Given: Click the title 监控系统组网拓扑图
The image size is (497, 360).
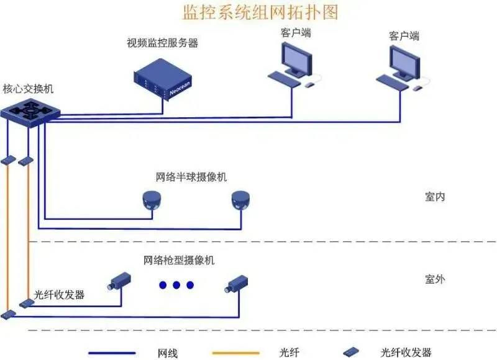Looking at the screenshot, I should pyautogui.click(x=261, y=12).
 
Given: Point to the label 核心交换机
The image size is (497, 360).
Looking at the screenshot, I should pyautogui.click(x=28, y=89).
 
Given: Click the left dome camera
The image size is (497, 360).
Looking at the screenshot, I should pyautogui.click(x=152, y=199).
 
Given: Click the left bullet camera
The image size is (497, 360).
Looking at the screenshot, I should pyautogui.click(x=119, y=282).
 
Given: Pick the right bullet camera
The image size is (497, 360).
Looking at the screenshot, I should pyautogui.click(x=236, y=283).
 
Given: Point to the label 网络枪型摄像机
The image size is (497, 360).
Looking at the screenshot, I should pyautogui.click(x=179, y=260).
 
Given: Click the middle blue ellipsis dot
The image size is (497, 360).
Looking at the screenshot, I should pyautogui.click(x=176, y=285).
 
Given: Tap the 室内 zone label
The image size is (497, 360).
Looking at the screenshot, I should pyautogui.click(x=435, y=197).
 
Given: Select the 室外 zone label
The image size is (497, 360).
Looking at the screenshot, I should pyautogui.click(x=435, y=279).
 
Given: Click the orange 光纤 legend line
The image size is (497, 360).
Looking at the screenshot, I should pyautogui.click(x=236, y=353).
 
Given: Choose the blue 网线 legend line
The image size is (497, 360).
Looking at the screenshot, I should pyautogui.click(x=112, y=353).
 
